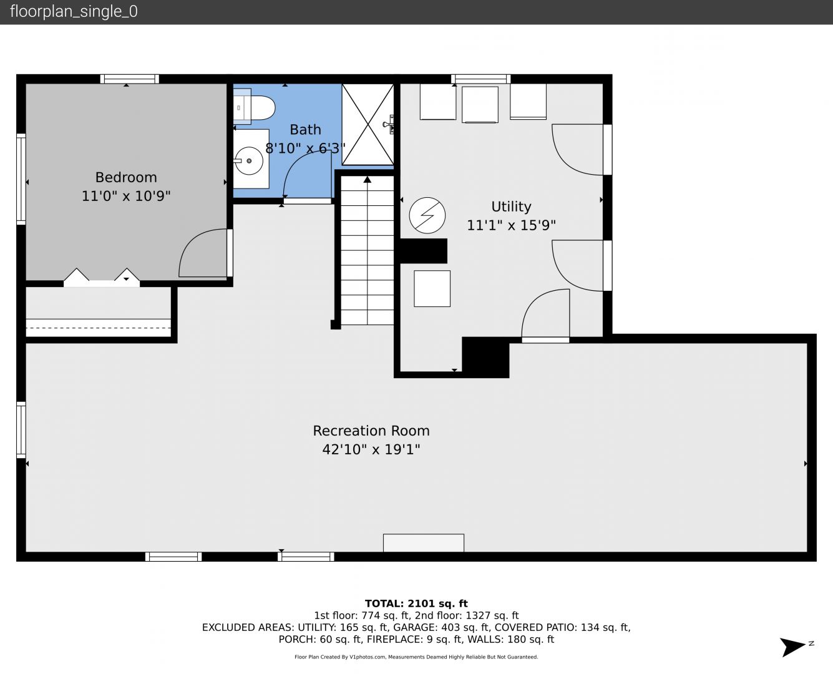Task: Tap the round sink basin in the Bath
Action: click(248, 161)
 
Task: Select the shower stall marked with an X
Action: click(368, 124)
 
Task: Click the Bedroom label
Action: click(126, 178)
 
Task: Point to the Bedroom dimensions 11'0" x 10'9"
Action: click(126, 195)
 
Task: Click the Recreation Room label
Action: click(371, 431)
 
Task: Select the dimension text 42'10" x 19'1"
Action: click(371, 449)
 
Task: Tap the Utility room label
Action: click(511, 207)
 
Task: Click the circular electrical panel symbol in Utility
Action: click(427, 215)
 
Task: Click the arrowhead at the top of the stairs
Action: click(368, 180)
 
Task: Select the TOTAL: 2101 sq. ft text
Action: click(416, 603)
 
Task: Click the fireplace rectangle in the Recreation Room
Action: click(424, 543)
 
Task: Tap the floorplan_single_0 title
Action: click(74, 12)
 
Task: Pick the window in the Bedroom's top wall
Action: click(129, 79)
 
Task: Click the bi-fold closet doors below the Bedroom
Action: click(102, 277)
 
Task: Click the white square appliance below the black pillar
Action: click(432, 289)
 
